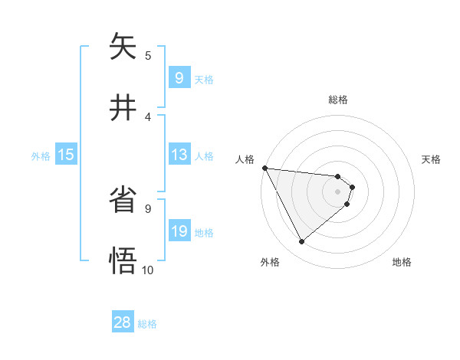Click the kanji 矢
click(x=123, y=48)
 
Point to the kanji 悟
click(x=123, y=259)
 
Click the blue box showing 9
click(x=179, y=78)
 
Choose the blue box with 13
click(x=179, y=155)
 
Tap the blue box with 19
click(x=179, y=231)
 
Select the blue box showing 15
click(x=66, y=155)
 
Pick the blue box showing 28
click(x=123, y=322)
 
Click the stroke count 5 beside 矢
click(x=148, y=55)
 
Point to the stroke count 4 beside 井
click(x=148, y=116)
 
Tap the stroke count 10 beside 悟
click(x=148, y=270)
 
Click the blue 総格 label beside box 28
click(x=148, y=324)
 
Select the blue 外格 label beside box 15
click(x=41, y=156)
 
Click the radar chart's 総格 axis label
click(x=338, y=100)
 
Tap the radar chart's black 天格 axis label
click(x=432, y=159)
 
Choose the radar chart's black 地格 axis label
click(x=402, y=262)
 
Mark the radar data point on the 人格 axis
click(x=264, y=168)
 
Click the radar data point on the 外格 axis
click(x=301, y=242)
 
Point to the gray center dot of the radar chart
click(x=338, y=191)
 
